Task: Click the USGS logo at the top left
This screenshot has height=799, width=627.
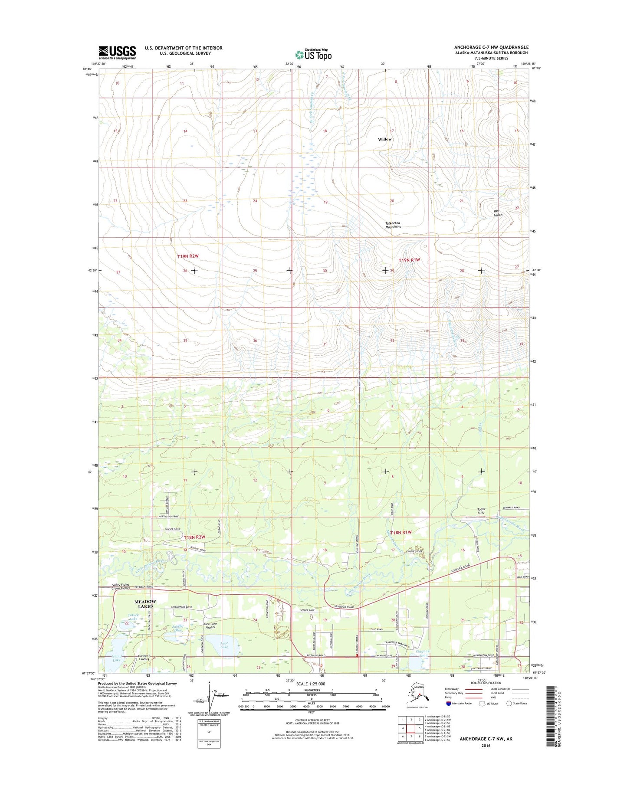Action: tap(117, 52)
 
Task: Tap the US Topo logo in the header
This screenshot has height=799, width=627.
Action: tap(313, 54)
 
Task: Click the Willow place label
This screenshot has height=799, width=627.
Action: tap(384, 139)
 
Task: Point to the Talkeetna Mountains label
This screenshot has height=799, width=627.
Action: tap(393, 225)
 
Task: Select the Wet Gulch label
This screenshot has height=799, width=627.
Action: tap(498, 213)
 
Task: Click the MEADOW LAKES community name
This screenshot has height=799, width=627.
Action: tap(145, 604)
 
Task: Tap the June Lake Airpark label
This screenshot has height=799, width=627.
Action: tap(210, 625)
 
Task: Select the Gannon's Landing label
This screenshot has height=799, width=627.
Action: tap(144, 657)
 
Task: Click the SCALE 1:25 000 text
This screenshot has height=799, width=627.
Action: tap(310, 684)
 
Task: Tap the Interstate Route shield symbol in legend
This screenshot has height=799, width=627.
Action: tap(448, 704)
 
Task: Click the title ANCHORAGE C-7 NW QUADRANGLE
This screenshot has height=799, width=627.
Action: tap(491, 47)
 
